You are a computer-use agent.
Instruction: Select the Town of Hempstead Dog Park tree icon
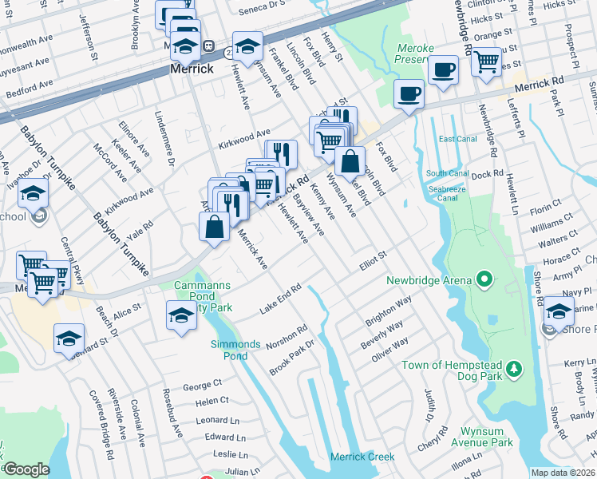pyautogui.click(x=516, y=369)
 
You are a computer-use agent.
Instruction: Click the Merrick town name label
pyautogui.click(x=192, y=69)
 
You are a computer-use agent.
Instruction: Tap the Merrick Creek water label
pyautogui.click(x=363, y=457)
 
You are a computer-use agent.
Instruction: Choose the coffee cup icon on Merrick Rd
pyautogui.click(x=409, y=95)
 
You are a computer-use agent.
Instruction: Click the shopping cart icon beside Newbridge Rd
pyautogui.click(x=486, y=61)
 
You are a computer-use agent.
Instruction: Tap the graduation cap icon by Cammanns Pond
pyautogui.click(x=181, y=315)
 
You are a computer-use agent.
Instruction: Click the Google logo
pyautogui.click(x=26, y=469)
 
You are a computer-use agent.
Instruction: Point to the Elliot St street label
pyautogui.click(x=373, y=259)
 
